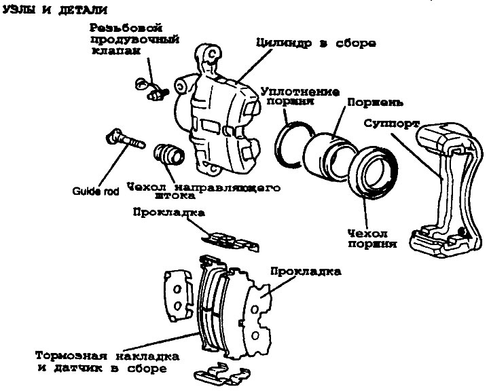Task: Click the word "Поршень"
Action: [x=375, y=104]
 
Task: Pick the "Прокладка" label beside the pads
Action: [x=305, y=271]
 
